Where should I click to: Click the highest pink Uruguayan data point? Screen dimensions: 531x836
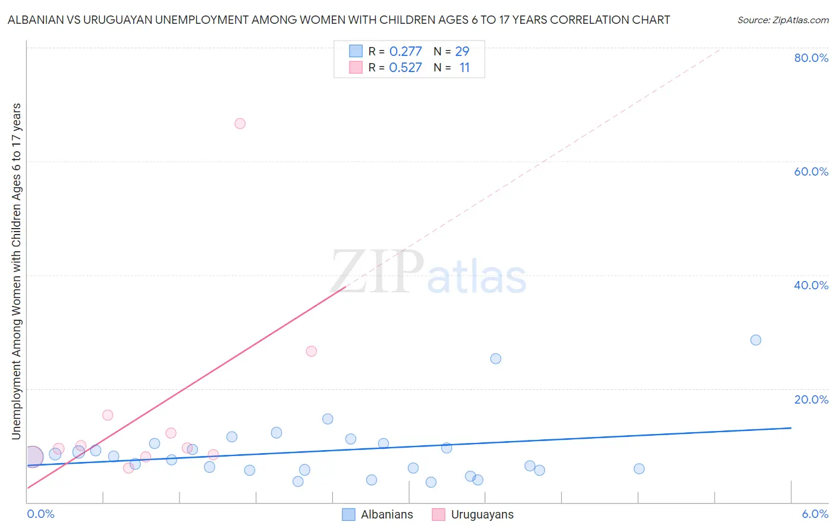point(240,123)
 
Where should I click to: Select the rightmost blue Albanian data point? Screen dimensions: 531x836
point(756,340)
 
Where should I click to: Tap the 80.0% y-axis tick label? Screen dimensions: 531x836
point(811,58)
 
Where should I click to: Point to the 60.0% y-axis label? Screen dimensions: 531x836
point(811,171)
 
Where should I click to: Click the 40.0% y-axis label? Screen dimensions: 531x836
point(811,285)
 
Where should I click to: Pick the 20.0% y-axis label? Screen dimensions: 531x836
point(811,399)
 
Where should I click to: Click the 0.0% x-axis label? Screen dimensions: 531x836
point(40,514)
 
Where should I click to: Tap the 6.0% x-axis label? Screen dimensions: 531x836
point(815,514)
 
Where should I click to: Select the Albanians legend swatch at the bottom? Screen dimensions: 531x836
point(348,514)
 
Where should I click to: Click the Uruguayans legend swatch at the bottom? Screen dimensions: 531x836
point(439,514)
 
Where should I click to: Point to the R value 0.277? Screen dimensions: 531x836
point(406,52)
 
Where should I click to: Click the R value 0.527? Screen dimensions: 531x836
point(406,68)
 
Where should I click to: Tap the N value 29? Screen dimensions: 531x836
point(462,52)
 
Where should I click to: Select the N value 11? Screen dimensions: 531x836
point(464,68)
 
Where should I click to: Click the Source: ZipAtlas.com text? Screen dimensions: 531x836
point(782,20)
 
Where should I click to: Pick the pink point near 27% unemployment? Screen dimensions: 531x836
point(311,351)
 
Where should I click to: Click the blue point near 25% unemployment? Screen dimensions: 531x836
point(495,358)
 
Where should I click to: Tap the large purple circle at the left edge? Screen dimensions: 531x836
point(33,457)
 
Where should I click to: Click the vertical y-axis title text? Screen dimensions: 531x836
point(16,271)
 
